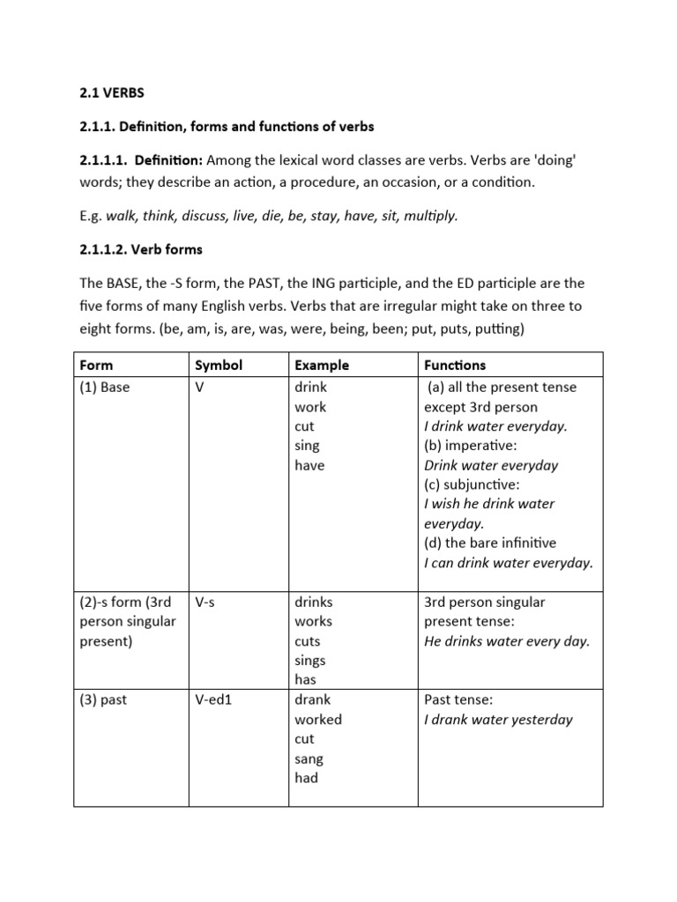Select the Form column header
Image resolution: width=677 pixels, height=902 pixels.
point(96,365)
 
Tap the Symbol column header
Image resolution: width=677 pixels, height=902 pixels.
point(218,365)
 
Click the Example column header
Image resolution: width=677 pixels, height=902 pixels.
point(322,365)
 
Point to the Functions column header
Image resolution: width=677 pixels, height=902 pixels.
point(455,365)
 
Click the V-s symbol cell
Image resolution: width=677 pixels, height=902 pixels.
point(208,603)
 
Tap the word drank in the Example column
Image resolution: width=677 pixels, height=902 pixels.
point(313,700)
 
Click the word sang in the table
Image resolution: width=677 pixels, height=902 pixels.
point(309,758)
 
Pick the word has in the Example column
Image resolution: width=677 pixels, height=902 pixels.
point(306,680)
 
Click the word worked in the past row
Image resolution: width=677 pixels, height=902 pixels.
point(318,720)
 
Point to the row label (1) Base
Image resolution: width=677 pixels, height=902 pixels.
point(104,388)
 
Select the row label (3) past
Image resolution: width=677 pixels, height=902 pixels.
point(103,700)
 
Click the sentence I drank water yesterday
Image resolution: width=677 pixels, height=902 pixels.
point(498,720)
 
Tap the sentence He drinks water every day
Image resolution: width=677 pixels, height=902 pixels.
point(507,641)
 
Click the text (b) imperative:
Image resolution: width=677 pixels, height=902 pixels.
point(472,446)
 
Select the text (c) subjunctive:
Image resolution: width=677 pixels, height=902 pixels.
point(472,484)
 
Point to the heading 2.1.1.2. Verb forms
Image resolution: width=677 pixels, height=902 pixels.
point(140,249)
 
